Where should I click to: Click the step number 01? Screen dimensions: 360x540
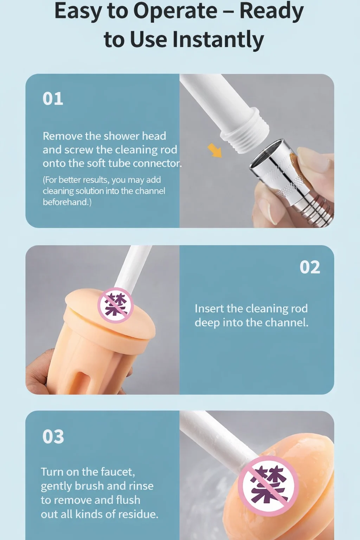click(x=53, y=98)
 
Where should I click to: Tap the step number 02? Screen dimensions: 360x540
click(x=310, y=267)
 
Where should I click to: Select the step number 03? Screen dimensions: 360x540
click(x=53, y=437)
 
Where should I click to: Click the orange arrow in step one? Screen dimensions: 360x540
click(x=214, y=150)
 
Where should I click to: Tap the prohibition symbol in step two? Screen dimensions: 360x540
click(x=116, y=305)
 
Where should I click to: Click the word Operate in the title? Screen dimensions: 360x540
click(x=175, y=11)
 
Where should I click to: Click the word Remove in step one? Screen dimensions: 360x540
click(x=63, y=136)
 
